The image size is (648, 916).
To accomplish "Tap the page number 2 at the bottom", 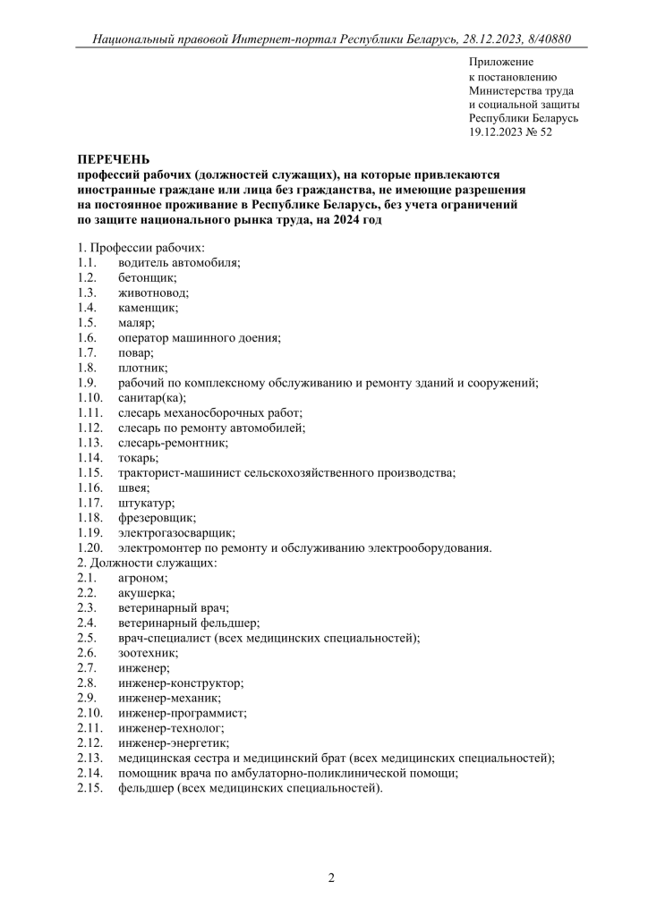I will coord(331,878).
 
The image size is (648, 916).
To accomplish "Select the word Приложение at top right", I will coord(500,62).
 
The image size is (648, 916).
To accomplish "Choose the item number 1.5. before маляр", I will coord(87,323).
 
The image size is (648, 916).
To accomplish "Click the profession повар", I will coord(135,353).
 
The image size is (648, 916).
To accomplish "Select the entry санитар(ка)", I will coord(151,398).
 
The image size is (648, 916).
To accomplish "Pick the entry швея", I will coord(133,488).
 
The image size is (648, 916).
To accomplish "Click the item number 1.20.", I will coord(90,548).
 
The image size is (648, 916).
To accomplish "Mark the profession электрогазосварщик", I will coord(176,533).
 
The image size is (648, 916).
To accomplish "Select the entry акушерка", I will coord(146,594).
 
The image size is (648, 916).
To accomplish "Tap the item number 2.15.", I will coord(90,789).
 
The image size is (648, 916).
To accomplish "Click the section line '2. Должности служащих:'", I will coord(147,564).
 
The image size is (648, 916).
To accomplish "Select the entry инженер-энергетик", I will coord(173,743).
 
